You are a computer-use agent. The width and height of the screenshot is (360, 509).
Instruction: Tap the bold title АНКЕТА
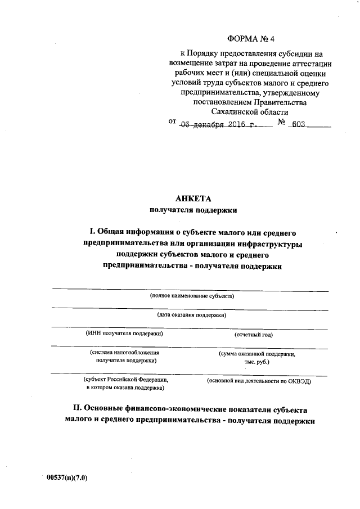click(x=193, y=199)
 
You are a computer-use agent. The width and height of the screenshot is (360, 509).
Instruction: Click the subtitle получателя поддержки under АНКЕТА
click(x=193, y=210)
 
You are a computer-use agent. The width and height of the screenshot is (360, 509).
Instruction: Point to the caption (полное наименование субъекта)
click(x=191, y=296)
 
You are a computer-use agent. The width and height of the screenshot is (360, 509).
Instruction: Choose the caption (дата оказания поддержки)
click(x=192, y=315)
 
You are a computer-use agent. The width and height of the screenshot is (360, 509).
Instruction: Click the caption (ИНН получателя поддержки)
click(x=124, y=334)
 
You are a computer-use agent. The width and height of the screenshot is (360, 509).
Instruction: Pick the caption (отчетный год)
click(x=253, y=335)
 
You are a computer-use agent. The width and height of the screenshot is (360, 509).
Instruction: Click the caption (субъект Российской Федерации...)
click(x=125, y=384)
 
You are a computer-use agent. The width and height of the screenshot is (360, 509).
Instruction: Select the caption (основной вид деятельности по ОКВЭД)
click(x=259, y=381)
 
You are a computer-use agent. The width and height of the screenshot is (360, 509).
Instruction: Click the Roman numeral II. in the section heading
click(x=78, y=409)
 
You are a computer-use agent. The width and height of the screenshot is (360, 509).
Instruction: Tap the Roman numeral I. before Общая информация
click(x=92, y=231)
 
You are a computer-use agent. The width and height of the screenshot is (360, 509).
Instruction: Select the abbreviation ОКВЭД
click(x=299, y=381)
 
